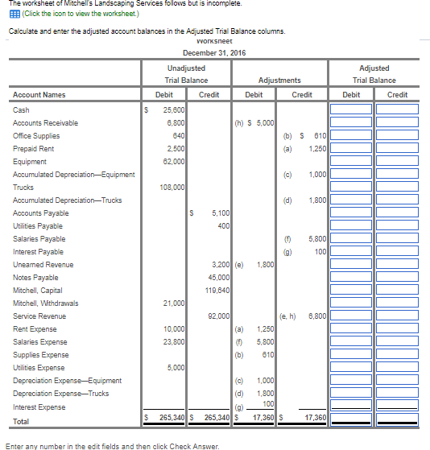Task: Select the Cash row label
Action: [x=21, y=109]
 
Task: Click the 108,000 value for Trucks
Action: [x=172, y=187]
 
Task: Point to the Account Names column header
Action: [x=39, y=95]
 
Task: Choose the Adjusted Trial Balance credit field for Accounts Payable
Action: [x=398, y=213]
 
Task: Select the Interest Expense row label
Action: [x=39, y=407]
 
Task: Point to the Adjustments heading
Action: [x=279, y=81]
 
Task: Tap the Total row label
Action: [x=22, y=420]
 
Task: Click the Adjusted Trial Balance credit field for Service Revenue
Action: [x=398, y=316]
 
